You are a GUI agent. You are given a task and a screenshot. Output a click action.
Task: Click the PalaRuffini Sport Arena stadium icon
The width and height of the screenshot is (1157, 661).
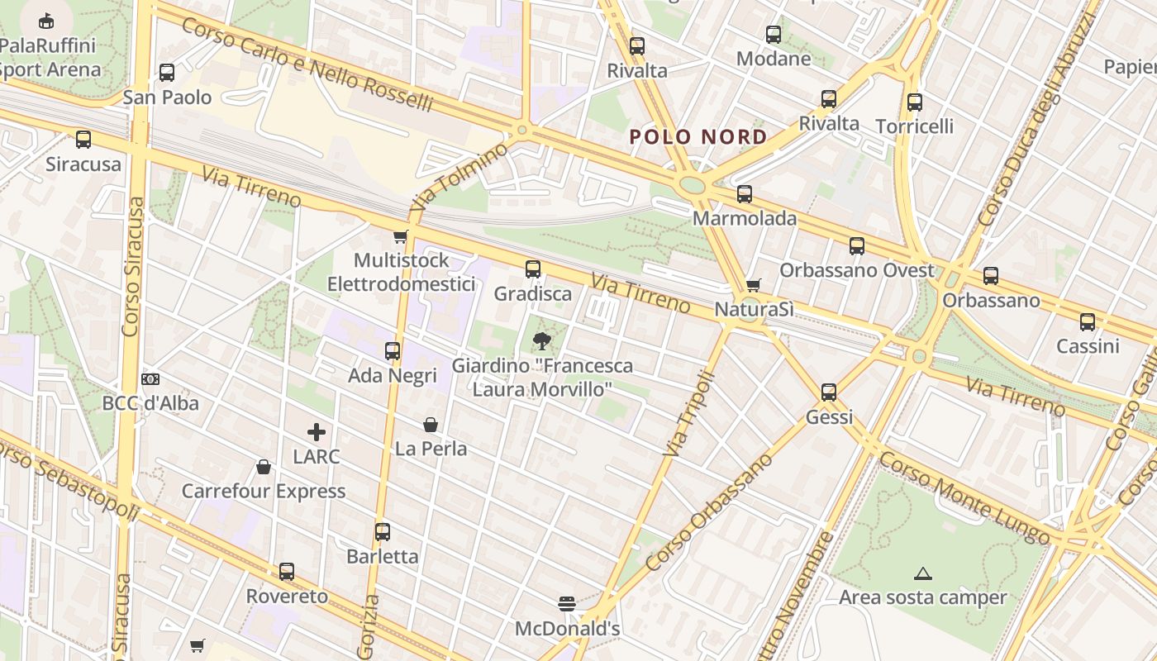pyautogui.click(x=46, y=21)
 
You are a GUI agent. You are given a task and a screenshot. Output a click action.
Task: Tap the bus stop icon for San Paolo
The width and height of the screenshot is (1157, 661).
pyautogui.click(x=167, y=73)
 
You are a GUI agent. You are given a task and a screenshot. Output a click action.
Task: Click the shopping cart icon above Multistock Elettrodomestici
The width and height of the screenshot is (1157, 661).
pyautogui.click(x=401, y=237)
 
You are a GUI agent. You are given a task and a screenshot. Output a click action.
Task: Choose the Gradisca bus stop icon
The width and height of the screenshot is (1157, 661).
pyautogui.click(x=533, y=269)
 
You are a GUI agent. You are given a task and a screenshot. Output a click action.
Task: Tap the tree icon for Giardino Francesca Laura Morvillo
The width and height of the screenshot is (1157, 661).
pyautogui.click(x=542, y=340)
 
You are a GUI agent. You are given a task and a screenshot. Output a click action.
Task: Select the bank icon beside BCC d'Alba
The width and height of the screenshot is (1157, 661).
pyautogui.click(x=150, y=379)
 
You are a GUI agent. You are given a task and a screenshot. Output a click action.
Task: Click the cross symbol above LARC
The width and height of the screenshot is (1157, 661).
pyautogui.click(x=317, y=431)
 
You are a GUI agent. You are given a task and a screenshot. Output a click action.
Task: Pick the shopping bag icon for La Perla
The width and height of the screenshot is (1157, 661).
pyautogui.click(x=431, y=425)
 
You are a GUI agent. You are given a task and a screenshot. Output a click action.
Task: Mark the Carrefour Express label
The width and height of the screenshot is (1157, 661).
pyautogui.click(x=264, y=491)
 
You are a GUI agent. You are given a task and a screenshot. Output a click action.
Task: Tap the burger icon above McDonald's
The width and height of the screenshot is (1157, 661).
pyautogui.click(x=567, y=604)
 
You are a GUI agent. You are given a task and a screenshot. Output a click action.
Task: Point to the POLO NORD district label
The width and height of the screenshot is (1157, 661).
pyautogui.click(x=698, y=136)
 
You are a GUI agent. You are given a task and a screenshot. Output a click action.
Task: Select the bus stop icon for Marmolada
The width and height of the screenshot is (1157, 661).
pyautogui.click(x=745, y=194)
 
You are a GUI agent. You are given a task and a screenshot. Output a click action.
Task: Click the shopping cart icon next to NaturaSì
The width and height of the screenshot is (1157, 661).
pyautogui.click(x=753, y=285)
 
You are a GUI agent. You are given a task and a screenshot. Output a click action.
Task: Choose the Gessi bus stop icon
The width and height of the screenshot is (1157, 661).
pyautogui.click(x=829, y=392)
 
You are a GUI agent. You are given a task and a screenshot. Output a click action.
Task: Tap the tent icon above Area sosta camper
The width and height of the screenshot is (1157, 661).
pyautogui.click(x=923, y=573)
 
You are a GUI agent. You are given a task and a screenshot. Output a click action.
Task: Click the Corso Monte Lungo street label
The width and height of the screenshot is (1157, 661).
pyautogui.click(x=964, y=497)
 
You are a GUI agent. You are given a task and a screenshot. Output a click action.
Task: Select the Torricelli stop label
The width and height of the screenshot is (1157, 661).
pyautogui.click(x=914, y=126)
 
